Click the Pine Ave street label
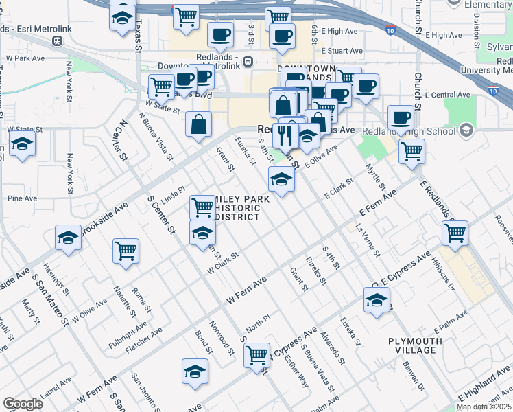tap(22, 198)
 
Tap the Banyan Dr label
tap(414, 376)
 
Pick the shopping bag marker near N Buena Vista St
tap(198, 125)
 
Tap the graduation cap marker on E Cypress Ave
tap(376, 300)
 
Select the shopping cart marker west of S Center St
tap(126, 251)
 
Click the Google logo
tap(23, 404)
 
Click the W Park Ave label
tap(25, 58)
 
